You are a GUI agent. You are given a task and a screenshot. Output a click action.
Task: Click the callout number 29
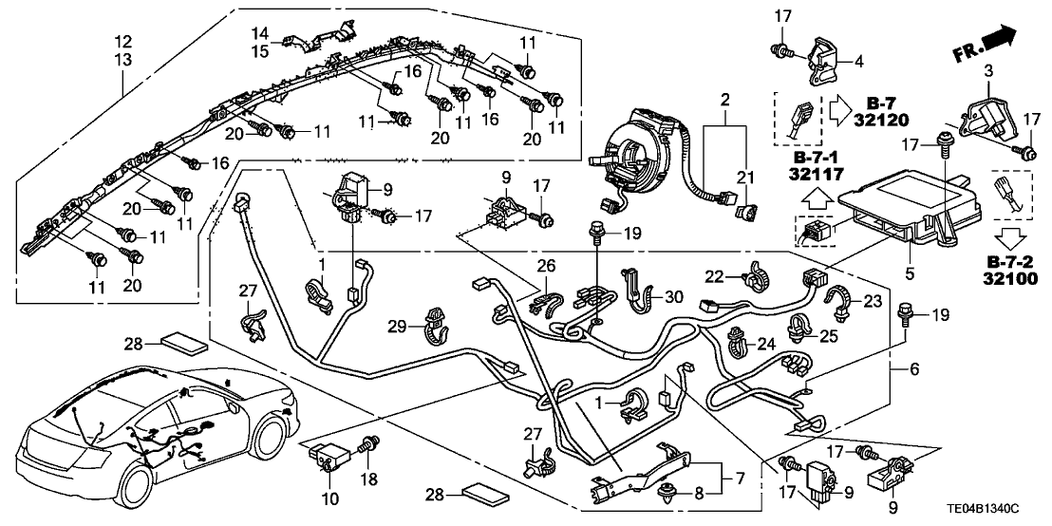tap(399, 327)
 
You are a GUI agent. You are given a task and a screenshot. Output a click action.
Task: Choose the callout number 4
tap(858, 64)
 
